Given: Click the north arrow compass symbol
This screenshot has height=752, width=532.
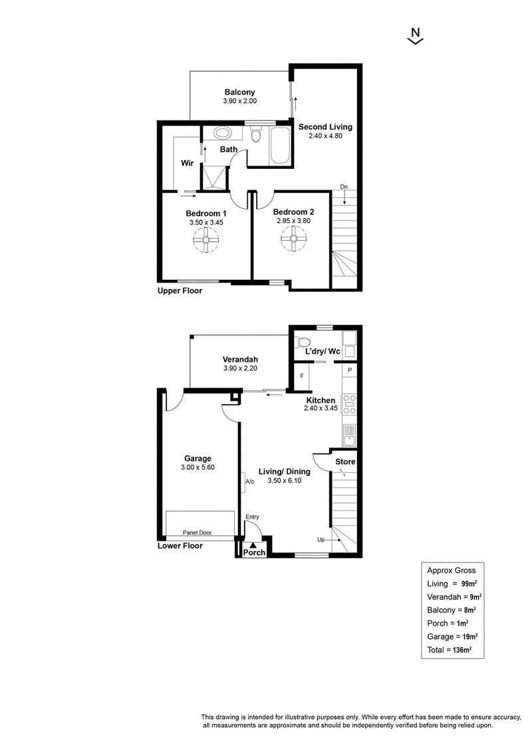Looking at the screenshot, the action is pos(416,36).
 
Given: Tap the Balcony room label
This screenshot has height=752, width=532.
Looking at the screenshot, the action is pos(240,92).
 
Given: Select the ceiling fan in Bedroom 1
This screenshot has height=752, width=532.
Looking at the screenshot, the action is pos(205,239).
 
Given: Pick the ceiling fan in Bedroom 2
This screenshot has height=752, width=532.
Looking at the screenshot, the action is pos(293,238).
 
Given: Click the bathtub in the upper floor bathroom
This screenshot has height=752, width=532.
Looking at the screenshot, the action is pos(280,146).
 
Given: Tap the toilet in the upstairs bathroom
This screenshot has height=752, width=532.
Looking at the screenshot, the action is pos(256,134).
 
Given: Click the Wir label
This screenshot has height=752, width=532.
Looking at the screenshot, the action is pos(187,163).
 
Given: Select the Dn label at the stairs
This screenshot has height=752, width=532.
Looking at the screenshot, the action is pos(344,187).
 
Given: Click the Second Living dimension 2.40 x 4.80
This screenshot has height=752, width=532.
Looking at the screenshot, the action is pos(325,136).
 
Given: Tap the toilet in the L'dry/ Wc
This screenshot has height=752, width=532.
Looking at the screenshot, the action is pos(303,342).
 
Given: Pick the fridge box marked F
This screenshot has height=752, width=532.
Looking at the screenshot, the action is pos(302,376).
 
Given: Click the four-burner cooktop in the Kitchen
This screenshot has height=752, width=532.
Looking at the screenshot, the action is pos(349,404).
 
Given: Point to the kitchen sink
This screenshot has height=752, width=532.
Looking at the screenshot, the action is pos(350,435).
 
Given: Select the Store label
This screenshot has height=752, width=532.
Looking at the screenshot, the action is pos(345,461).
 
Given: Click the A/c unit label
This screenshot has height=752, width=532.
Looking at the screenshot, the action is pos(249,481).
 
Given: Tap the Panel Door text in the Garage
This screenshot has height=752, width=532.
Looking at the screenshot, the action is pos(197,533).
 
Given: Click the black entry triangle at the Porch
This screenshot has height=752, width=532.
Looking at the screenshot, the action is pos(253,545).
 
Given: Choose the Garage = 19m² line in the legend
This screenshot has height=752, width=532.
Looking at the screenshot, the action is pos(452,636).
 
